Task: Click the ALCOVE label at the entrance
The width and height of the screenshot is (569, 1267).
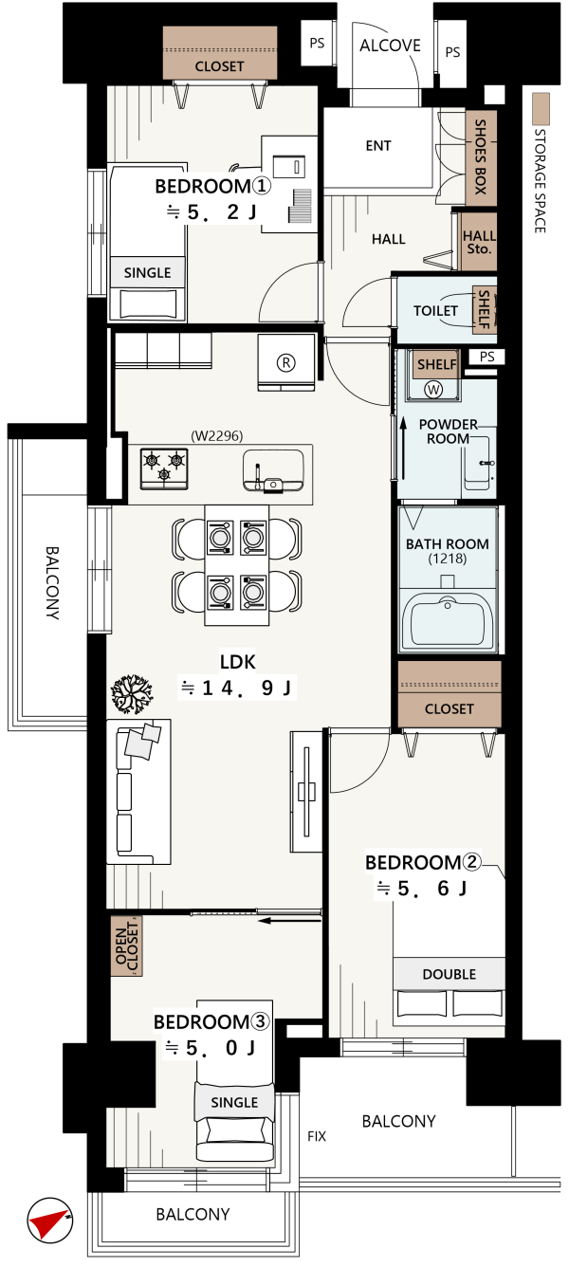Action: click(390, 46)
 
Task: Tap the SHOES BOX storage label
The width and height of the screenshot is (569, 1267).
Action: click(480, 156)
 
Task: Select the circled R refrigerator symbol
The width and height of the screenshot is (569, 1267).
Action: click(286, 362)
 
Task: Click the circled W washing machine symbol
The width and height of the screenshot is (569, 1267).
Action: click(433, 389)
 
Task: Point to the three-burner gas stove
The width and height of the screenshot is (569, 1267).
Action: click(164, 468)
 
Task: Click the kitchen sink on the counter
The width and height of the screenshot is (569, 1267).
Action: click(273, 470)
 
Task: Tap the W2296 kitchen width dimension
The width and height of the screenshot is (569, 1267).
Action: click(217, 435)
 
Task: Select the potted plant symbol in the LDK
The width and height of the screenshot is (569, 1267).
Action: click(132, 694)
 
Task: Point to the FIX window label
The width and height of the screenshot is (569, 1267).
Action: click(317, 1136)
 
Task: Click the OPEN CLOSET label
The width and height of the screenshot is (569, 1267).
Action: click(127, 946)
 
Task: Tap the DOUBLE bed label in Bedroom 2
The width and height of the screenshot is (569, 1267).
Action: click(450, 974)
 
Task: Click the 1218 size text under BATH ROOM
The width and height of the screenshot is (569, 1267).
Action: click(448, 559)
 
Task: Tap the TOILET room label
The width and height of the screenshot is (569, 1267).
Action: click(435, 310)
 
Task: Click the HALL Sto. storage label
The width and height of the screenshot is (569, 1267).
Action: click(479, 242)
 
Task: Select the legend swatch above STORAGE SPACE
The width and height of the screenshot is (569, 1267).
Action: click(541, 109)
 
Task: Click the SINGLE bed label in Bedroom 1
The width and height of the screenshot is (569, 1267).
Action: click(147, 272)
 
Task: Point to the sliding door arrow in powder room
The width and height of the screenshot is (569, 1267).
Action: click(404, 448)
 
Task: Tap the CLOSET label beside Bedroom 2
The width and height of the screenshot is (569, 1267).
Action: click(450, 708)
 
